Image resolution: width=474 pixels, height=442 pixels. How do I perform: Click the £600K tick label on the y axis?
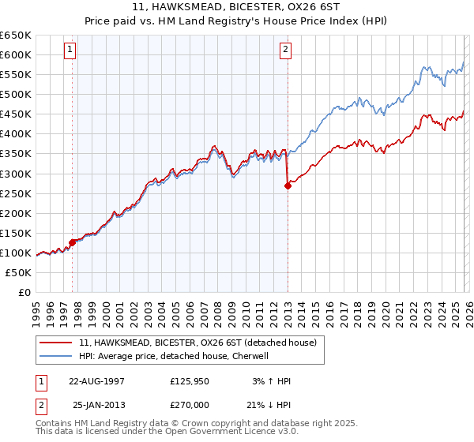(16, 54)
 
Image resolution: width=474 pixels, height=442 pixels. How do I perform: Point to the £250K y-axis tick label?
(16, 193)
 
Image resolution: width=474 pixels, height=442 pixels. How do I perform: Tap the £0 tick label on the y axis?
(24, 292)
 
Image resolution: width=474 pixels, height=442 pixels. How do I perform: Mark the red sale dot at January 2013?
(288, 185)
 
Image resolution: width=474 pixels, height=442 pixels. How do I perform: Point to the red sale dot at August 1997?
(73, 242)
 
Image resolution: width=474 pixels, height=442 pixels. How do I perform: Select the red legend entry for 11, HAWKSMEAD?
(197, 343)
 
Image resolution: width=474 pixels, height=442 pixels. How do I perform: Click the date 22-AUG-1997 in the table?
(96, 381)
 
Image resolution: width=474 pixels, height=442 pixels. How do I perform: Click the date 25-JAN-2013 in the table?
(96, 404)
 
